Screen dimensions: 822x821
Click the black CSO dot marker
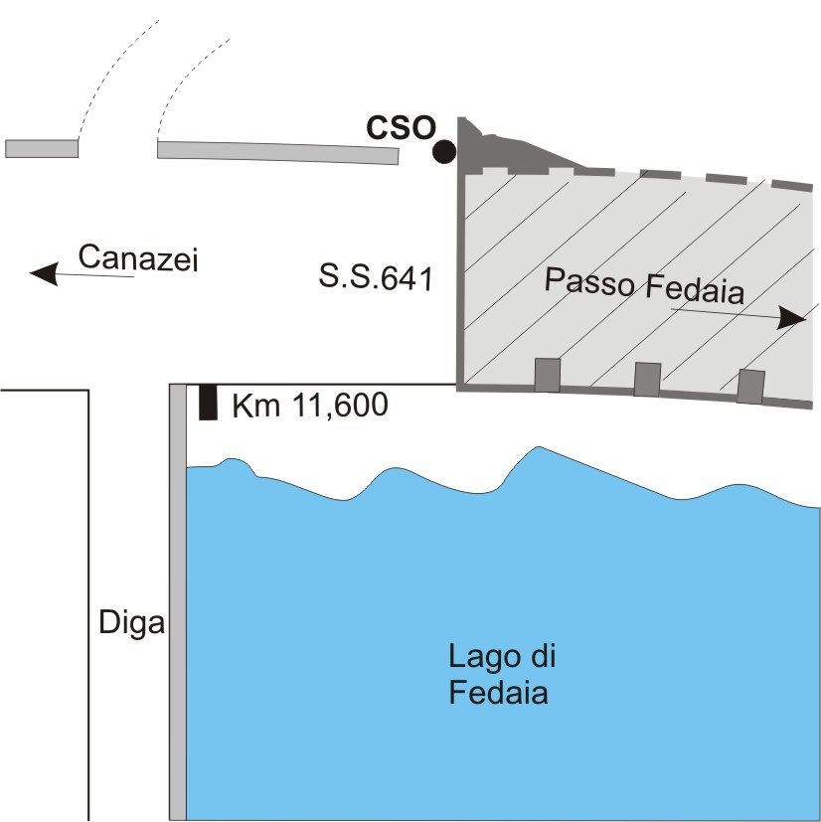(444, 152)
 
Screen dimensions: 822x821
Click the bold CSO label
(401, 129)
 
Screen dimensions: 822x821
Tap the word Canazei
(139, 258)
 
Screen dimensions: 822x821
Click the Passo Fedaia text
(644, 287)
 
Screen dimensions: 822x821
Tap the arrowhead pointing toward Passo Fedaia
(792, 318)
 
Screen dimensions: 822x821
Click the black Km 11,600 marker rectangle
(208, 402)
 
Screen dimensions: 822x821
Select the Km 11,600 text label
(309, 406)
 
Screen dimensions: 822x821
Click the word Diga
(131, 625)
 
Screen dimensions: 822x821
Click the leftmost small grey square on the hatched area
(548, 375)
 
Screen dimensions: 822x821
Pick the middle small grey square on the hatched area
(647, 379)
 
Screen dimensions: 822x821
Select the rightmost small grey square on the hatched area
(750, 386)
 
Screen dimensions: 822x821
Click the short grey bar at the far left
(42, 148)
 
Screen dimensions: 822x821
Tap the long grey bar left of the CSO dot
(277, 151)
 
